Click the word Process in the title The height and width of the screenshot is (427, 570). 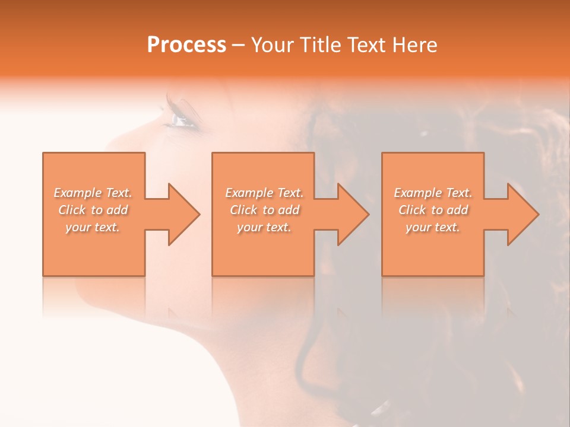point(186,45)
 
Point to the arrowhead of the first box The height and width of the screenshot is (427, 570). point(184,214)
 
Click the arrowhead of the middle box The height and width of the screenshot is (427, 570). point(353,214)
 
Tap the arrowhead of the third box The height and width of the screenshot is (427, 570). point(523,214)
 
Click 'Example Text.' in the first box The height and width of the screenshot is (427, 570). point(93,193)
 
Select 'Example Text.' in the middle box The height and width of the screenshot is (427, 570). point(264,193)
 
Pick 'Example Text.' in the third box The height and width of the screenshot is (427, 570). point(433,193)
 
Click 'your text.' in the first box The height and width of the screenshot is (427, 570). point(93,227)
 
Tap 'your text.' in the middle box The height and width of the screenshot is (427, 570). point(264,227)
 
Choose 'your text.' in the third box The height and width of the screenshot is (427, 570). point(432,227)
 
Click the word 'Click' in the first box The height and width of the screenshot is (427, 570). point(72,210)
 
